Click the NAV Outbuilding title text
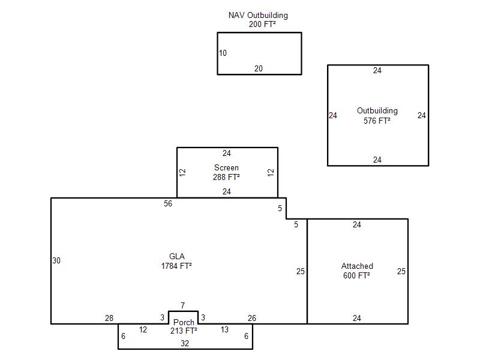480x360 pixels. (x=258, y=15)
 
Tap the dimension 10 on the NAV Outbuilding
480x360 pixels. (x=223, y=53)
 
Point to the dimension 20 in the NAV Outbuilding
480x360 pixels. (x=258, y=69)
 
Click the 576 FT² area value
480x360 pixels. (x=377, y=121)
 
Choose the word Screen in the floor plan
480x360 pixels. (x=226, y=168)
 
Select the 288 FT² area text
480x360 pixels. (x=226, y=178)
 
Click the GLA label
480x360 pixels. (x=176, y=256)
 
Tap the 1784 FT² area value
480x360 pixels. (x=176, y=266)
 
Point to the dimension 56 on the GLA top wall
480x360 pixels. (x=168, y=204)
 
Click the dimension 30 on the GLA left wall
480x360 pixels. (x=56, y=261)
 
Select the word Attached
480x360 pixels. (x=357, y=266)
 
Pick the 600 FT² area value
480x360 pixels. (x=356, y=275)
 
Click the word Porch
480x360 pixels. (x=184, y=323)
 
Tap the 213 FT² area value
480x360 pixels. (x=184, y=331)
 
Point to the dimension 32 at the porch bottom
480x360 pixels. (x=185, y=344)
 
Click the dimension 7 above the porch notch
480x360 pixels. (x=182, y=306)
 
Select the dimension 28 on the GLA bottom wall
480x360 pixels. (x=109, y=319)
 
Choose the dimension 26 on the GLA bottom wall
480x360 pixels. (x=252, y=319)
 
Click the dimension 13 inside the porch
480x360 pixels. (x=224, y=330)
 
